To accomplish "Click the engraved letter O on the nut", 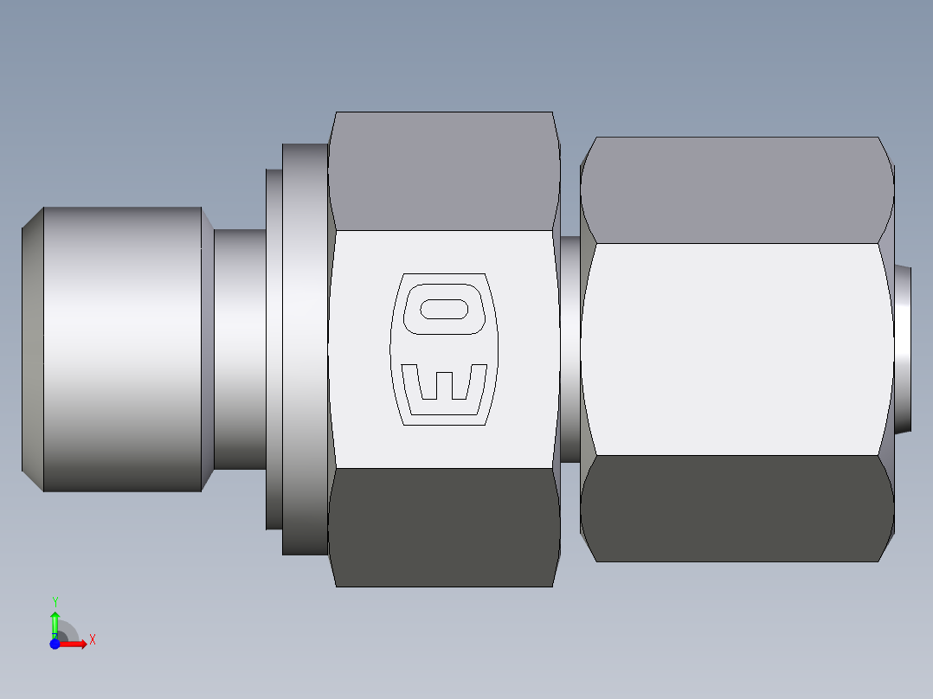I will tap(445, 308).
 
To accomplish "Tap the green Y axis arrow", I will tap(55, 621).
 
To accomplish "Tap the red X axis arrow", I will tap(74, 644).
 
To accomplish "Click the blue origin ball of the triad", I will tap(55, 644).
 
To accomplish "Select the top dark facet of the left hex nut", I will tap(443, 170).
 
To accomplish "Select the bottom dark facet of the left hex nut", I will tap(443, 528).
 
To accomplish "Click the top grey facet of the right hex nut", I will tap(736, 189).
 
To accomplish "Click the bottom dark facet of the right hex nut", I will tap(736, 509).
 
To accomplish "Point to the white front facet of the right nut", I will tap(736, 349).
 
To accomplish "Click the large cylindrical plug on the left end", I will tap(121, 349).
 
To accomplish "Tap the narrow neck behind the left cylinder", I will tap(239, 349).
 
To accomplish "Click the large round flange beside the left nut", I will tap(305, 349).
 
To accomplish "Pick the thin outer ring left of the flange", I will tap(273, 349).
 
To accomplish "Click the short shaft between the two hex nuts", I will tap(569, 349).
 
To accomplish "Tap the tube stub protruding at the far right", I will tap(904, 349).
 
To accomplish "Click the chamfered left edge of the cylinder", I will tap(32, 349).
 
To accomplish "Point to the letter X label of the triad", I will tap(92, 640).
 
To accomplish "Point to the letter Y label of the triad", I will tap(55, 601).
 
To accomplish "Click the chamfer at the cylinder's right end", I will tap(208, 349).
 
